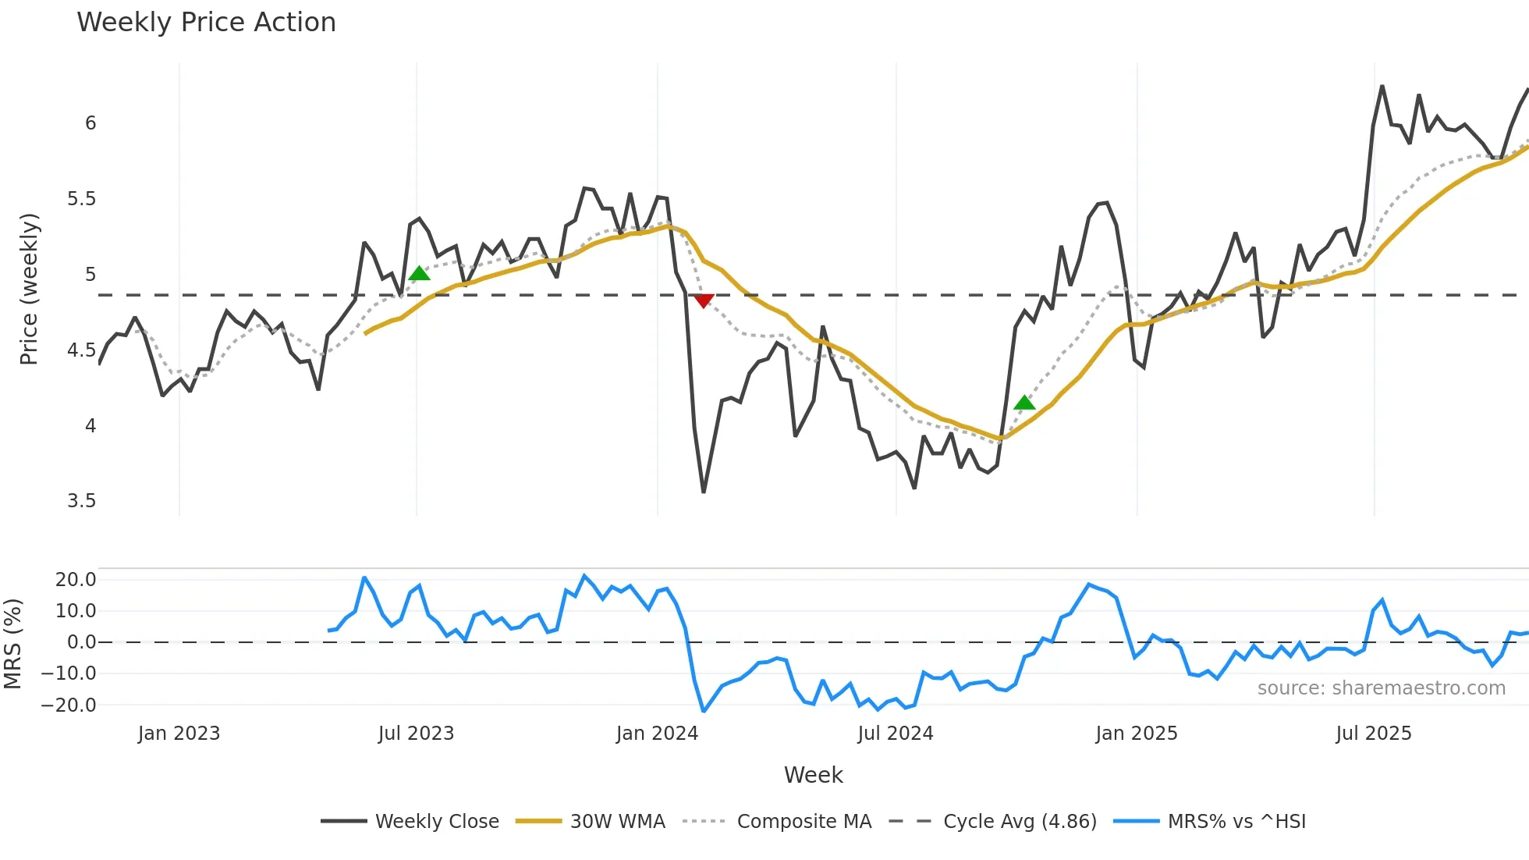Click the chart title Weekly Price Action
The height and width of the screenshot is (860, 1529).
click(206, 22)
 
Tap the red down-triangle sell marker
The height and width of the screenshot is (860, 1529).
click(704, 300)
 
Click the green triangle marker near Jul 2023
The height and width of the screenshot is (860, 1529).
click(419, 273)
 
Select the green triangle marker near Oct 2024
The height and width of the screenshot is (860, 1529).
click(1024, 403)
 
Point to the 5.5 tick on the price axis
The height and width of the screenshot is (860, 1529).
click(81, 199)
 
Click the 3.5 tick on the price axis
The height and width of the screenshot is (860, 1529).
click(81, 501)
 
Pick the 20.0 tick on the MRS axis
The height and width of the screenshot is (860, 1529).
click(76, 580)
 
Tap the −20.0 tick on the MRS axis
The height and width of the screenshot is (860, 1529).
click(69, 705)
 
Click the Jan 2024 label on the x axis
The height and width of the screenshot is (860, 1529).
click(657, 734)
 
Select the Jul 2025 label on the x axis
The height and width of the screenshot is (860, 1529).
click(1374, 734)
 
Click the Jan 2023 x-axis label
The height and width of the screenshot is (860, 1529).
click(179, 734)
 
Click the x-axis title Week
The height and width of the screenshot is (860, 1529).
click(813, 775)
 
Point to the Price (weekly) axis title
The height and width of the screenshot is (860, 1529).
click(29, 289)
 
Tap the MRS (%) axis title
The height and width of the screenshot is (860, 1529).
click(12, 644)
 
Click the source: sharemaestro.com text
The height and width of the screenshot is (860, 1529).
click(1381, 688)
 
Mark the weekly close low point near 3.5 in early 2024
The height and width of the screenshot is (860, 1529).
click(704, 492)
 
